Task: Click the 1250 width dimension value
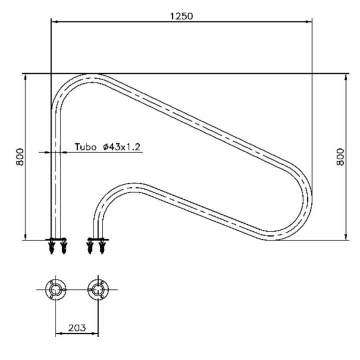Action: pyautogui.click(x=181, y=16)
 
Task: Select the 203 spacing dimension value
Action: pyautogui.click(x=77, y=328)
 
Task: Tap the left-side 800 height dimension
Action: pyautogui.click(x=19, y=157)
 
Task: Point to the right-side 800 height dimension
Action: pyautogui.click(x=340, y=157)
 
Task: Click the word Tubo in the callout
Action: pyautogui.click(x=85, y=146)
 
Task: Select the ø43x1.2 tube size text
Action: pyautogui.click(x=121, y=146)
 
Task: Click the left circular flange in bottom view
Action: pyautogui.click(x=55, y=289)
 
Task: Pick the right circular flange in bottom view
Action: pyautogui.click(x=98, y=289)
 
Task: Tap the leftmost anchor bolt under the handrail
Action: pyautogui.click(x=52, y=247)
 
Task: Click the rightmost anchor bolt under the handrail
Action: pyautogui.click(x=101, y=247)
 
